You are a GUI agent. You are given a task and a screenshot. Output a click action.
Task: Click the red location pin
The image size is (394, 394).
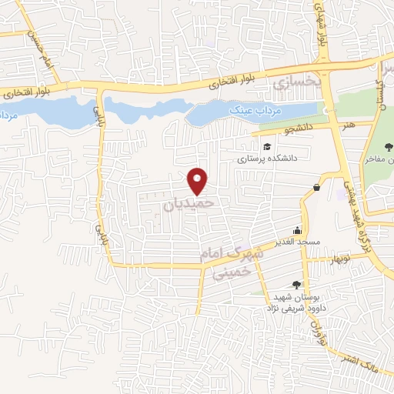click(x=199, y=181)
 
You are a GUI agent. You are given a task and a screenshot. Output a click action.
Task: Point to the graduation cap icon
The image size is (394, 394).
click(x=267, y=147)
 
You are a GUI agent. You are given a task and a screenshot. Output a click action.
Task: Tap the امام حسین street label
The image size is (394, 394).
click(x=40, y=48)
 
